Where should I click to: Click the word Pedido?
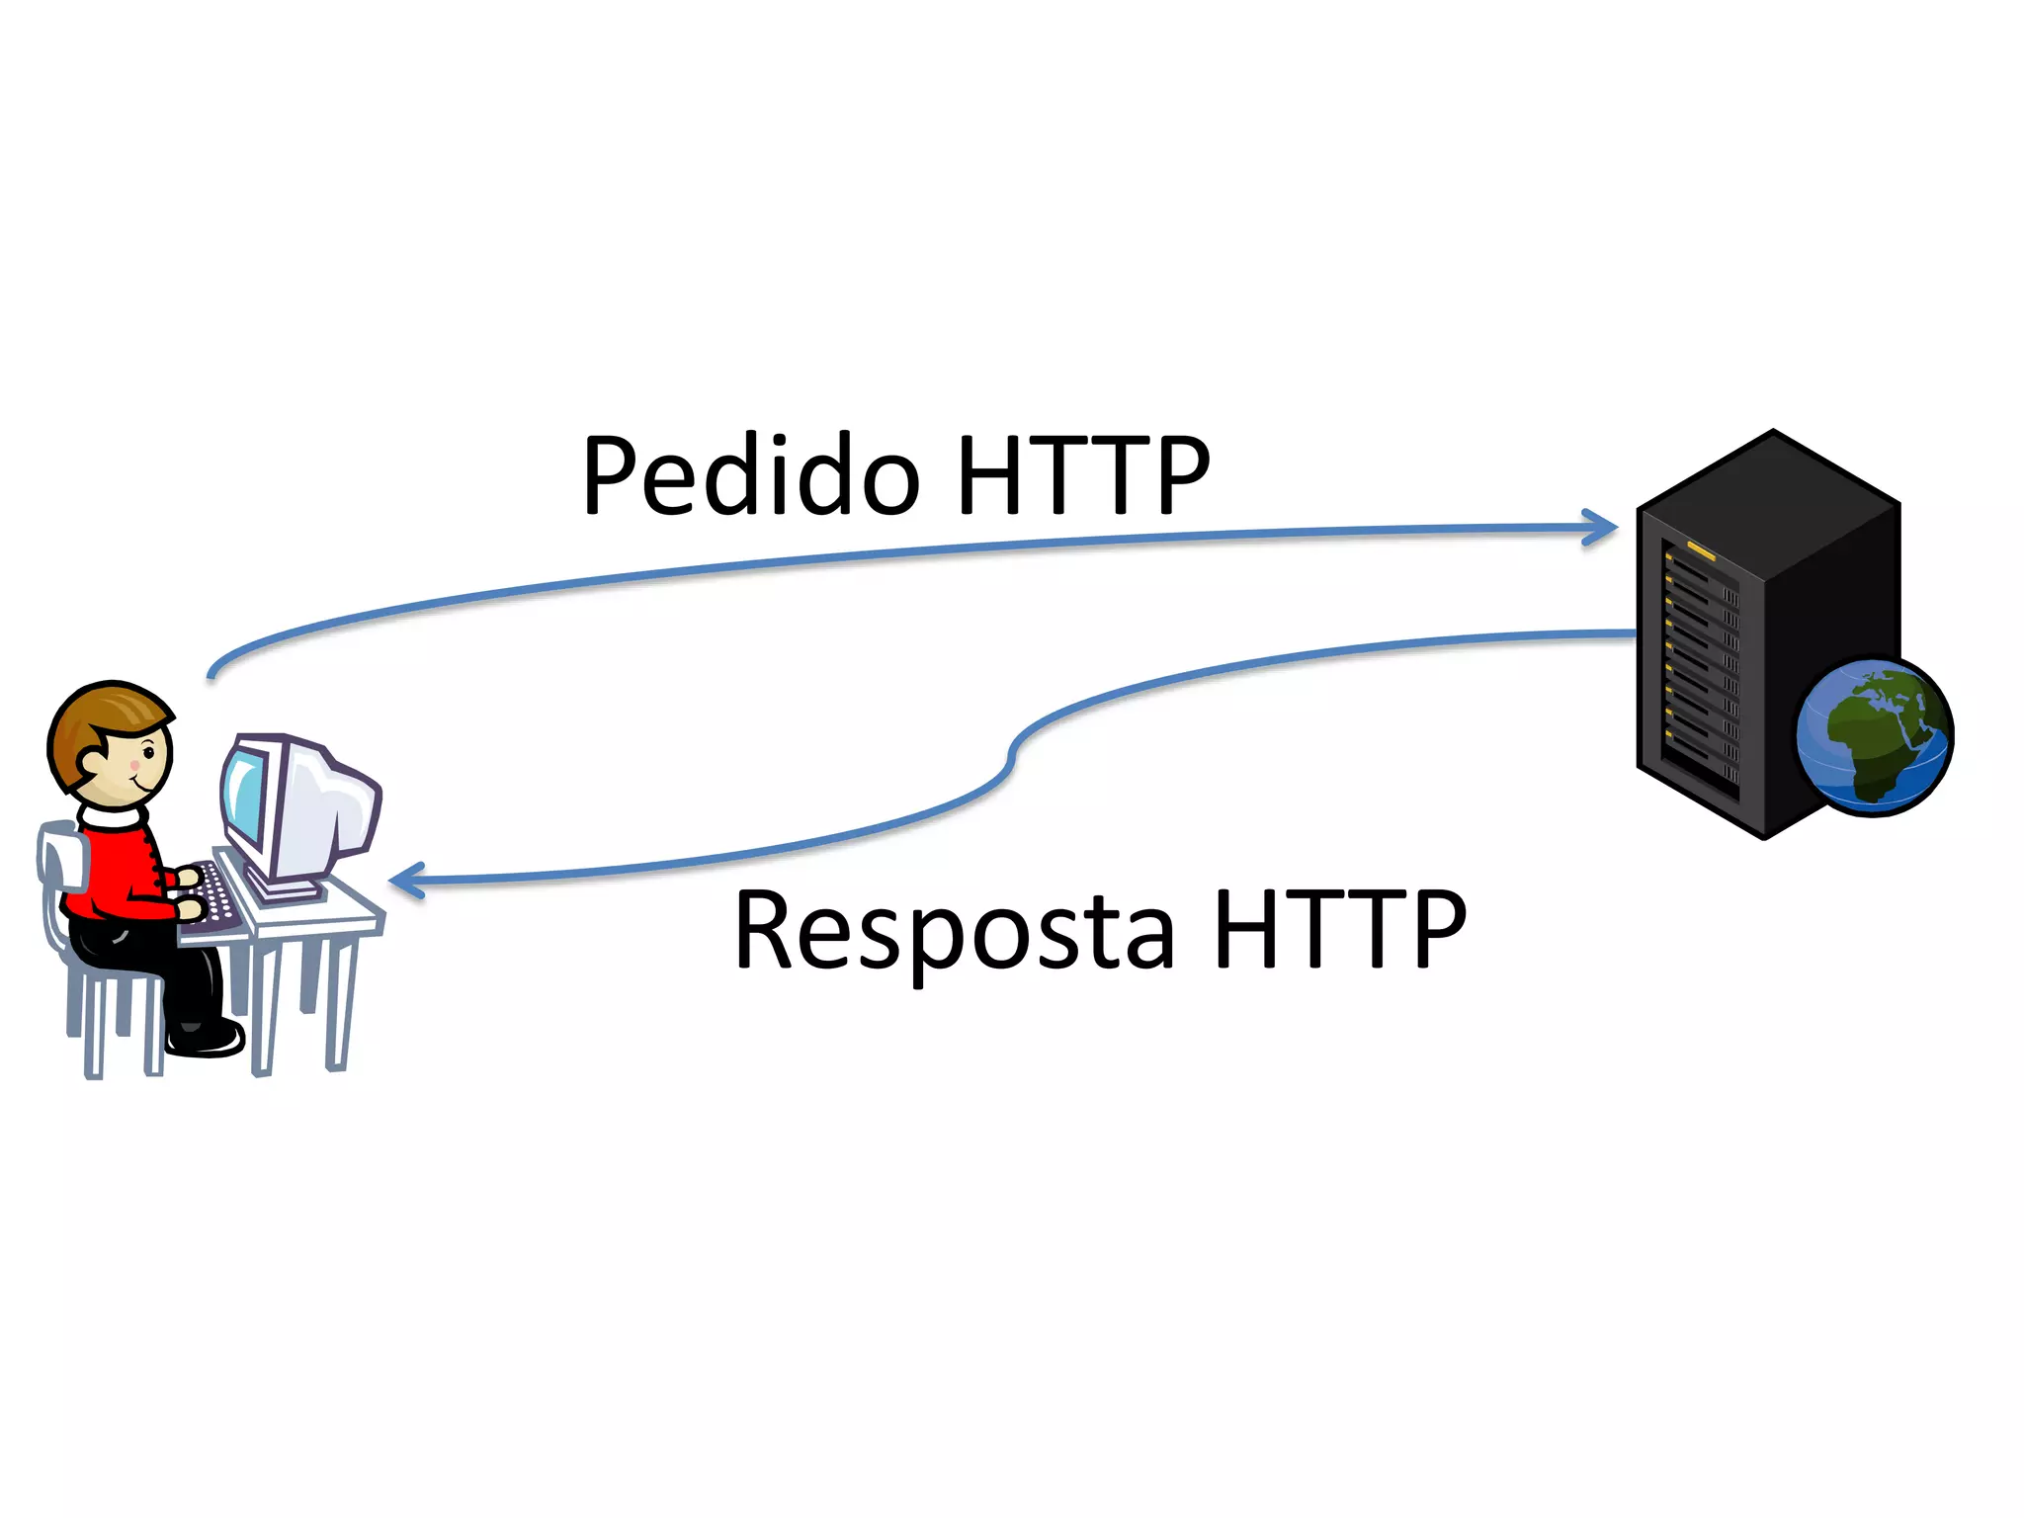coord(751,476)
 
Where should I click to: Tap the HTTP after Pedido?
coord(1083,476)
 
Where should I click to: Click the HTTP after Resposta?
coord(1340,929)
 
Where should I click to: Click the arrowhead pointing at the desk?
coord(405,881)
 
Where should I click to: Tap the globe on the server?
coord(1874,736)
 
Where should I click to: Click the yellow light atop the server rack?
coord(1701,550)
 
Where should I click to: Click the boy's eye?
coord(149,754)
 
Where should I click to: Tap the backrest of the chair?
coord(59,855)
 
